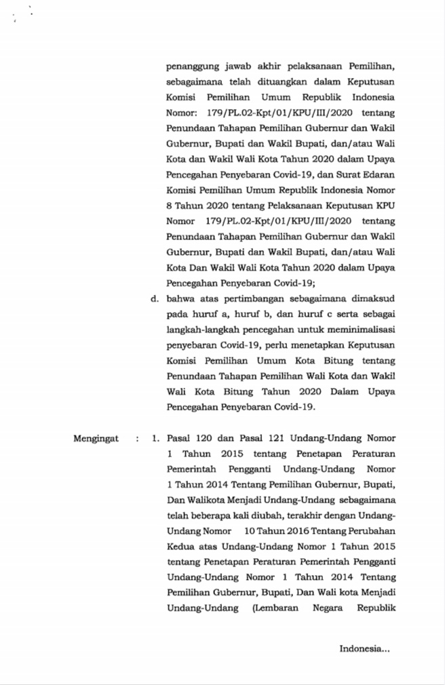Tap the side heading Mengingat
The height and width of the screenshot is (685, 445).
point(95,439)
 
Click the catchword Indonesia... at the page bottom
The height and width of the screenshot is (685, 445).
point(364,649)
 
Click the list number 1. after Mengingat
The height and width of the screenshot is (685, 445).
point(156,439)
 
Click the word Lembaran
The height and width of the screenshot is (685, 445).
point(275,608)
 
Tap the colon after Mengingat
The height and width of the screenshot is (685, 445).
point(138,439)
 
